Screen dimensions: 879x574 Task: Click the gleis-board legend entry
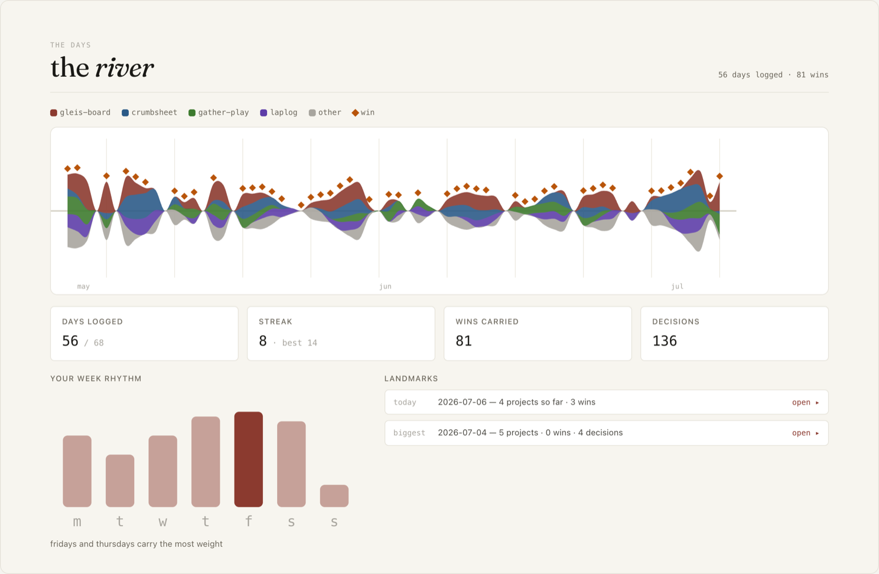point(80,113)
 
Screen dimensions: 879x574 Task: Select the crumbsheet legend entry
point(149,113)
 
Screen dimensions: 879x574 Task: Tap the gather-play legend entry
point(219,113)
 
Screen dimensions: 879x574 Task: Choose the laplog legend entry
point(279,113)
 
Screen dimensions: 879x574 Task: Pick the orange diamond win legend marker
point(355,113)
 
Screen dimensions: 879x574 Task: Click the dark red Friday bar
point(248,459)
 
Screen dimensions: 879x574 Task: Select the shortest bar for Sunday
point(334,496)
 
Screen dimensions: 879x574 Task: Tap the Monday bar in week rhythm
point(77,471)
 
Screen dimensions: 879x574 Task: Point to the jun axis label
point(385,287)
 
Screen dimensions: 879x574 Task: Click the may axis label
point(83,287)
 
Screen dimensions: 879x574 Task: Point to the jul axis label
point(678,287)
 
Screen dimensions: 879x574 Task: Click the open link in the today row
point(805,403)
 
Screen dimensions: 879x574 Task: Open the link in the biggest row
point(805,433)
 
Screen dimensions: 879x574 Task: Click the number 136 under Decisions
point(665,340)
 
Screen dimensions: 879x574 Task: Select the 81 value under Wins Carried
point(464,340)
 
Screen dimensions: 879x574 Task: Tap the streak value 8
point(262,340)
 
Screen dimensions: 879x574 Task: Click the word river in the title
point(125,68)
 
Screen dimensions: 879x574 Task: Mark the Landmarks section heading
point(411,378)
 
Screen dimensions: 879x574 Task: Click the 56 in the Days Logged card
point(70,340)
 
